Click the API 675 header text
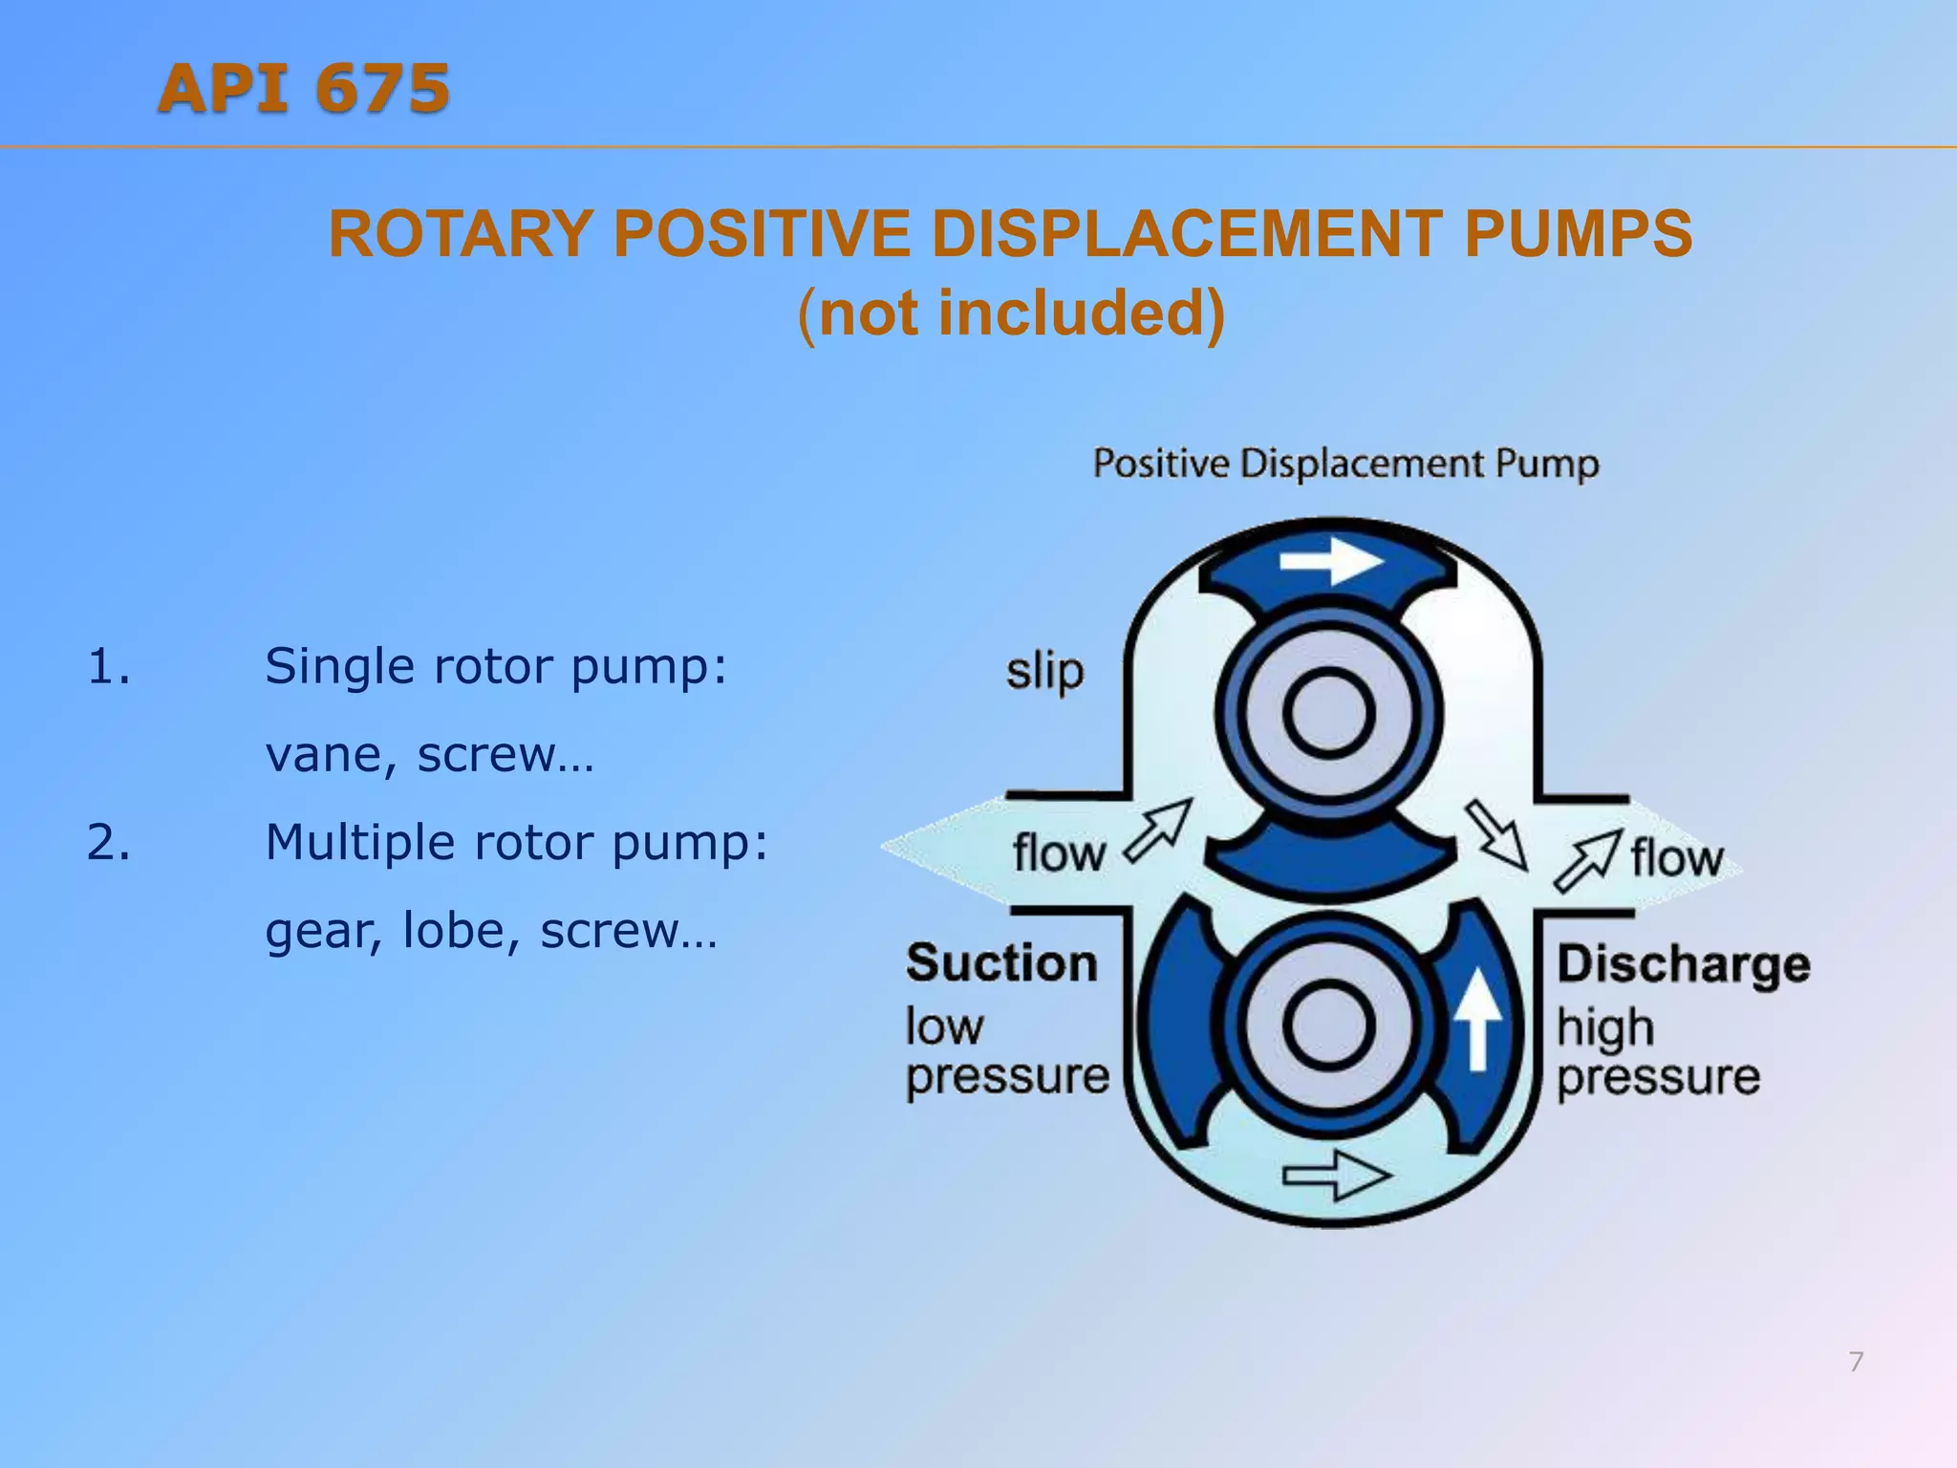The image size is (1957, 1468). [304, 89]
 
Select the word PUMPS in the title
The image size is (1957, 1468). [1578, 234]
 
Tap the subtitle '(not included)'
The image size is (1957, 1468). [1011, 313]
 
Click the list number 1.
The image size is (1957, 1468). [108, 666]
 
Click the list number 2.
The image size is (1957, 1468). [108, 843]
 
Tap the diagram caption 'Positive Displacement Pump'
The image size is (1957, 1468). [1345, 464]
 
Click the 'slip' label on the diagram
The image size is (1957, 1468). [1044, 672]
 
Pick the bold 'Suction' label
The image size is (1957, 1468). [1001, 962]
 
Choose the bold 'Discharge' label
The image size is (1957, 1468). [1684, 964]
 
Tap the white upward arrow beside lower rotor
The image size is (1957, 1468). [1477, 1019]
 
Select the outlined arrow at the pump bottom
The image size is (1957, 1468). [1336, 1175]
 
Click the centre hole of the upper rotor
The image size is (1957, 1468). [1328, 714]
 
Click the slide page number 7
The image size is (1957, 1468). [1856, 1362]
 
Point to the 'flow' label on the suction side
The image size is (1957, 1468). [1058, 853]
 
